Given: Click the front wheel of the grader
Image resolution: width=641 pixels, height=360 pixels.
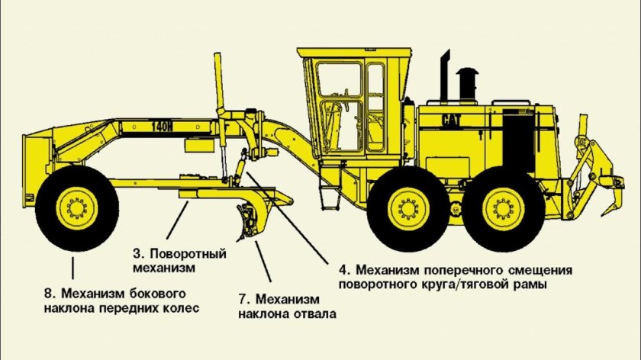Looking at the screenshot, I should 76,207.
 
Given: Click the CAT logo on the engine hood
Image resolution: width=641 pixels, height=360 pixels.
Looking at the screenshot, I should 452,119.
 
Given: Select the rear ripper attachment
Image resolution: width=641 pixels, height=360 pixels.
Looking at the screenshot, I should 591,172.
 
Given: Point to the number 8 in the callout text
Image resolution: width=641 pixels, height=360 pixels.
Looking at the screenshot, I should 48,292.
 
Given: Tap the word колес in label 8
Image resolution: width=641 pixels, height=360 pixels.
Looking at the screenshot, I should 182,308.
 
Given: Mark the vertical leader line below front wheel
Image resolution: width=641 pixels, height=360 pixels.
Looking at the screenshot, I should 74,267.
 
